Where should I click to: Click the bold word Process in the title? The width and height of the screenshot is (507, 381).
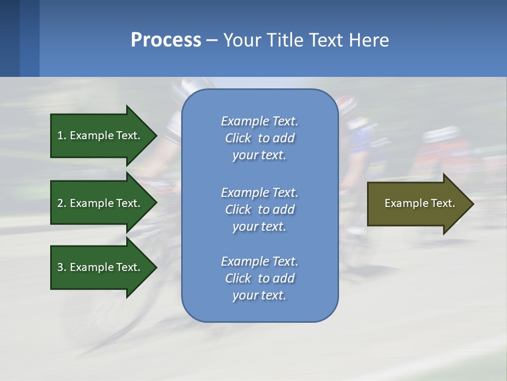tap(166, 40)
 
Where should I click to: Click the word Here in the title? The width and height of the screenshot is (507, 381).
tap(369, 40)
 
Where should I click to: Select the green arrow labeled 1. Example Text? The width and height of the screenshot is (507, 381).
tap(100, 135)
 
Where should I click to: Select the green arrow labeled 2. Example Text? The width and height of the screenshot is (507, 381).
tap(100, 203)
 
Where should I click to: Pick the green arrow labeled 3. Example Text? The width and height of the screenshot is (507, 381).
tap(100, 267)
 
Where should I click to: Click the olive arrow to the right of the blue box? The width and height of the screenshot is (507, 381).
tap(417, 204)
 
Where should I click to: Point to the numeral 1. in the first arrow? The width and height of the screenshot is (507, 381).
tap(62, 135)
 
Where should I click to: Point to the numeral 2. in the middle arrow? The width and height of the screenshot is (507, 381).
tap(62, 203)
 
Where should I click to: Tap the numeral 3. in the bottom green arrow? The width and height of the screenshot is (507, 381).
tap(62, 267)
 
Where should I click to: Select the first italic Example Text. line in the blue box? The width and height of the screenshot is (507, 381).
tap(259, 121)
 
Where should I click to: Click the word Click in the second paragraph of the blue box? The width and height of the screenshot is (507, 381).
tap(238, 210)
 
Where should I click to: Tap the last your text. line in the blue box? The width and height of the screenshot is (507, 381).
tap(259, 295)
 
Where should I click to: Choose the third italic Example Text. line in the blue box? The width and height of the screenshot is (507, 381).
tap(259, 261)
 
